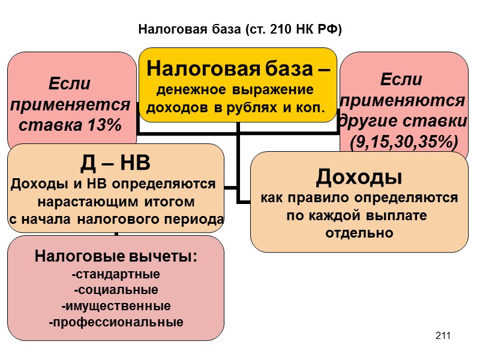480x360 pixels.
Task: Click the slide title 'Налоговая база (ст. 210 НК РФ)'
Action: pyautogui.click(x=240, y=29)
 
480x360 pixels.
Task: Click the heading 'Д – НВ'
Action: pyautogui.click(x=116, y=164)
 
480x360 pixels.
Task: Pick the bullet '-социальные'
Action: pyautogui.click(x=116, y=290)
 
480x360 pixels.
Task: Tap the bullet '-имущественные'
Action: pyautogui.click(x=116, y=306)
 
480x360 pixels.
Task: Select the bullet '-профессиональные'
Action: pyautogui.click(x=116, y=322)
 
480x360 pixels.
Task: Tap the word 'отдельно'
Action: pyautogui.click(x=359, y=233)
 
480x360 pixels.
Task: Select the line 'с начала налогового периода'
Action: pyautogui.click(x=116, y=220)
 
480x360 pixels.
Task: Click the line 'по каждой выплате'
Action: pyautogui.click(x=359, y=215)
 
